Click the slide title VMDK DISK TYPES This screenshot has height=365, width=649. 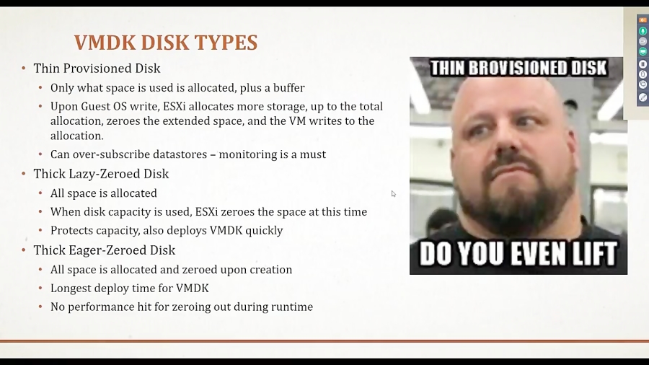165,43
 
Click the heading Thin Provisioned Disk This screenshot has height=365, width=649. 97,69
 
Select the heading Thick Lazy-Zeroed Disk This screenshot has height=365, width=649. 101,174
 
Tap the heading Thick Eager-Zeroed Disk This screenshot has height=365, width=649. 104,250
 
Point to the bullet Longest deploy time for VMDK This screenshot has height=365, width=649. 129,288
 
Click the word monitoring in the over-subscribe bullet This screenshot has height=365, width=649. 252,154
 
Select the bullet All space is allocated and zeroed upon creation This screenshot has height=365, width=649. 171,269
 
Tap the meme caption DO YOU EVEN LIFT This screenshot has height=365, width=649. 518,253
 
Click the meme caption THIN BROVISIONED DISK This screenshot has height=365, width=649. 518,69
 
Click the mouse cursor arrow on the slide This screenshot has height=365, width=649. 393,193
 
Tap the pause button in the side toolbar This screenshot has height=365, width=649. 643,63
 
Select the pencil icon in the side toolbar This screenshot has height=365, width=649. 643,97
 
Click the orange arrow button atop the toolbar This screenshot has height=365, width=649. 643,20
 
